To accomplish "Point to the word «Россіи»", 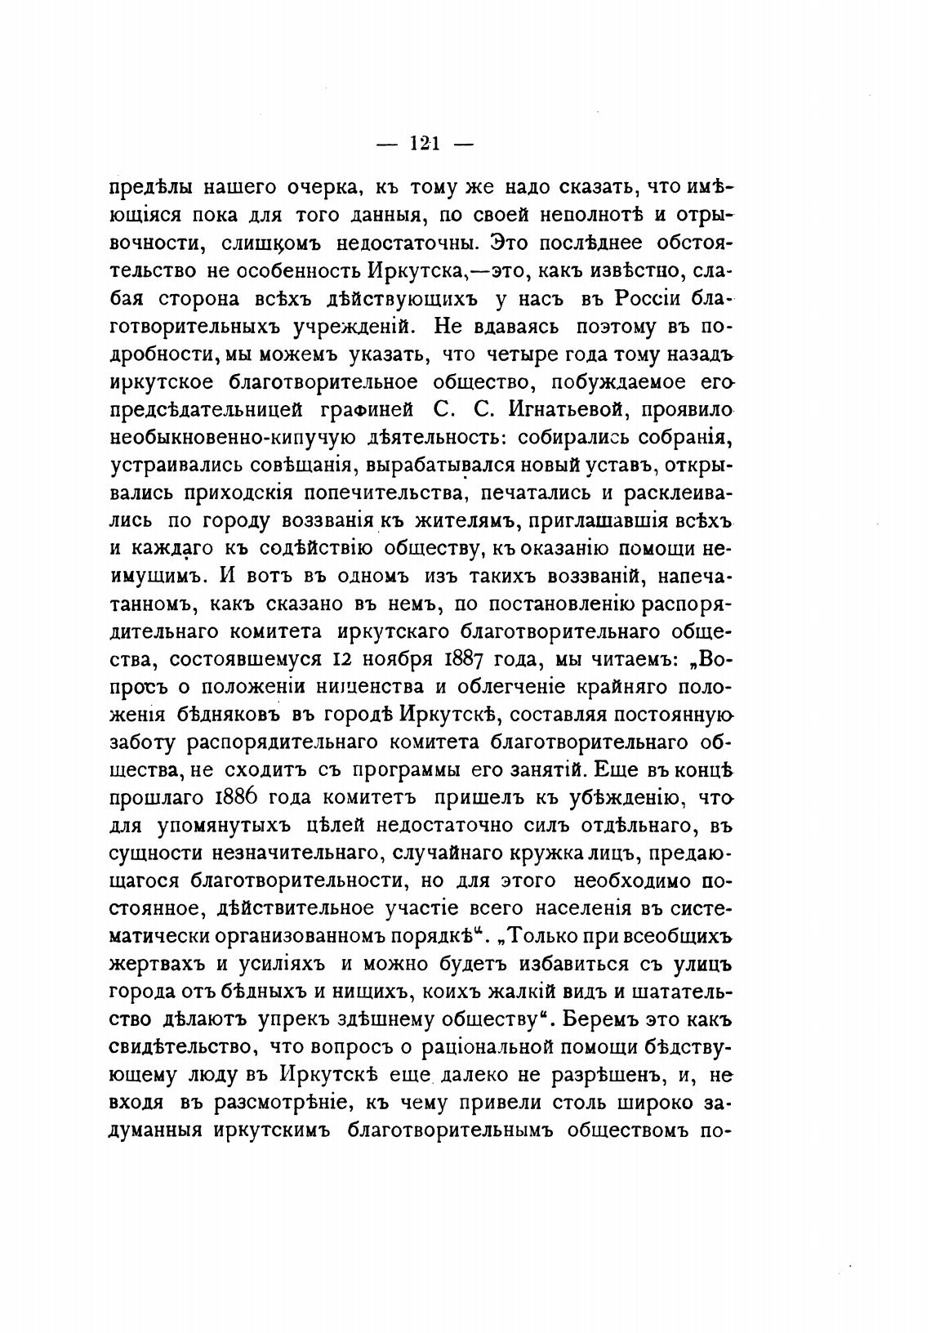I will tap(644, 298).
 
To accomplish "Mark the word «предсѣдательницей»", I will tap(207, 409).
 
